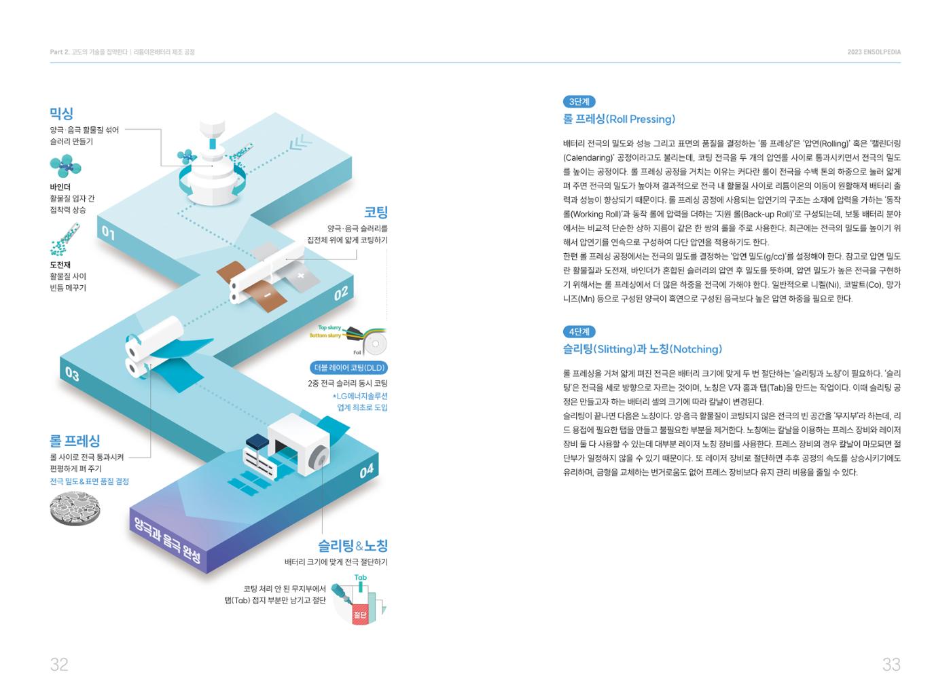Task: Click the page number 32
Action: [x=59, y=665]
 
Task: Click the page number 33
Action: [x=891, y=665]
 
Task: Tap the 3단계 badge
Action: [x=579, y=102]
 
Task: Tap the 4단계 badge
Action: [x=579, y=332]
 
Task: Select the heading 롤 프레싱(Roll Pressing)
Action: [x=619, y=119]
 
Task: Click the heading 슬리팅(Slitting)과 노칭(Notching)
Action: [x=643, y=349]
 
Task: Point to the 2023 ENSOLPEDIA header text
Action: [x=874, y=52]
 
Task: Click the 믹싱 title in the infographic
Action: [x=62, y=113]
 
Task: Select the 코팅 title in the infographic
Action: [x=376, y=212]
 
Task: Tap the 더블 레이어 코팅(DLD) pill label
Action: [x=349, y=368]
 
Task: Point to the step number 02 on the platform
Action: [x=341, y=293]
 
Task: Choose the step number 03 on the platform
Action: [x=72, y=374]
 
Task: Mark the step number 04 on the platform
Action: [x=366, y=471]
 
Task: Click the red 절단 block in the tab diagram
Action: [x=360, y=614]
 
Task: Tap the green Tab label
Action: [x=361, y=577]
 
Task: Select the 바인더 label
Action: [x=60, y=187]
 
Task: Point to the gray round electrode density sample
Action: [x=75, y=509]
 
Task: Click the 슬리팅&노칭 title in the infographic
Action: [x=353, y=546]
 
